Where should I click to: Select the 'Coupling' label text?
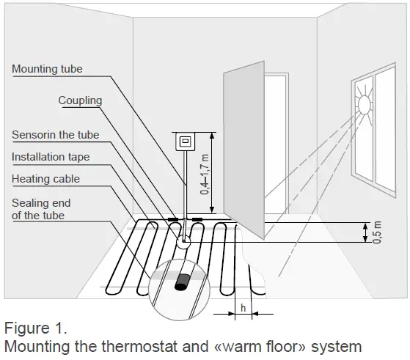[80, 100]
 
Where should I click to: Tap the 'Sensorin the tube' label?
[55, 135]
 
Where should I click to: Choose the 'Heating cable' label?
[45, 178]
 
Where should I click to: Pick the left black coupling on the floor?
[172, 218]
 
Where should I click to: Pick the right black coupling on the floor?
[197, 218]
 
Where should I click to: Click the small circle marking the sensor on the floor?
[183, 240]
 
